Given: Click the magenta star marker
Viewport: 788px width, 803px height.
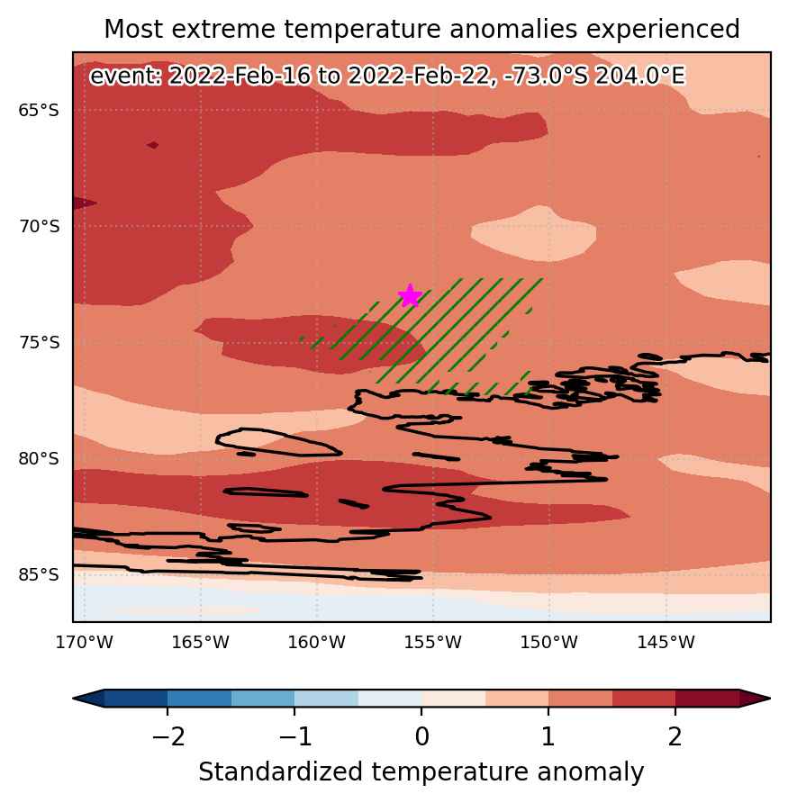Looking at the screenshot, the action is coord(410,295).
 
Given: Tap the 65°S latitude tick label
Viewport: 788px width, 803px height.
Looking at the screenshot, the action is coord(39,110).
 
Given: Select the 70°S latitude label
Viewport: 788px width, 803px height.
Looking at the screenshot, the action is coord(39,226).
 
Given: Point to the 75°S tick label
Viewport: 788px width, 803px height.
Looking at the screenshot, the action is coord(39,342).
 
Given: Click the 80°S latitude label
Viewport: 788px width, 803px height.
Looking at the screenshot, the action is coord(39,458).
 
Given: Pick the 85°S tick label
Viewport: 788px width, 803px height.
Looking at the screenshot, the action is coord(39,574).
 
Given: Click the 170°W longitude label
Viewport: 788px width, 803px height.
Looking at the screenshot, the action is coord(84,642).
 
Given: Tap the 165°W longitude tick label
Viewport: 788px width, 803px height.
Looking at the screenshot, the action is coord(200,642).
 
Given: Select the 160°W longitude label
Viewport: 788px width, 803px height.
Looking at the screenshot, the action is coord(317,642).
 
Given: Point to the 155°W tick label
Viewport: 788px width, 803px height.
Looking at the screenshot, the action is coord(433,642).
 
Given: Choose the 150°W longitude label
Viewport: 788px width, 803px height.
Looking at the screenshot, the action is coord(549,642).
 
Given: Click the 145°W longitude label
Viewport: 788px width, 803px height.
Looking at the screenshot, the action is coord(666,642).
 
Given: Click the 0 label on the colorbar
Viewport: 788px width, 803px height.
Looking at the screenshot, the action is coord(421,737).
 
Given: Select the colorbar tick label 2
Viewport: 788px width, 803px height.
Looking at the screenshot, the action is coord(675,737).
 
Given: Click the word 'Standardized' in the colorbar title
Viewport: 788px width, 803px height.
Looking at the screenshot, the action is coord(281,771).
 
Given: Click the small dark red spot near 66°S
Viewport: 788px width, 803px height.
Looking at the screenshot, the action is coord(152,146).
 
